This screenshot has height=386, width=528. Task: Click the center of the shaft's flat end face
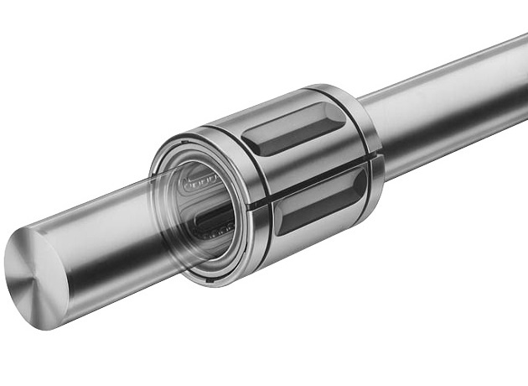tap(35, 274)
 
